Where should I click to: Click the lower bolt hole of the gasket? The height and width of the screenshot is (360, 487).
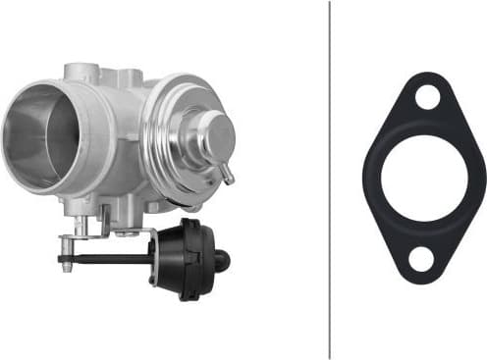420,259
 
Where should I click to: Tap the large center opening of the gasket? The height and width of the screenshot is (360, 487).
423,178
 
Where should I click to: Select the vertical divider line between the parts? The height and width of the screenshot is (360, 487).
329,180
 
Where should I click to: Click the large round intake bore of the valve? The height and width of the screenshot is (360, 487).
39,135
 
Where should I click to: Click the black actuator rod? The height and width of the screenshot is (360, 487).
108,260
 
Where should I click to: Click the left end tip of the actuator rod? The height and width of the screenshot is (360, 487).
61,260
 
